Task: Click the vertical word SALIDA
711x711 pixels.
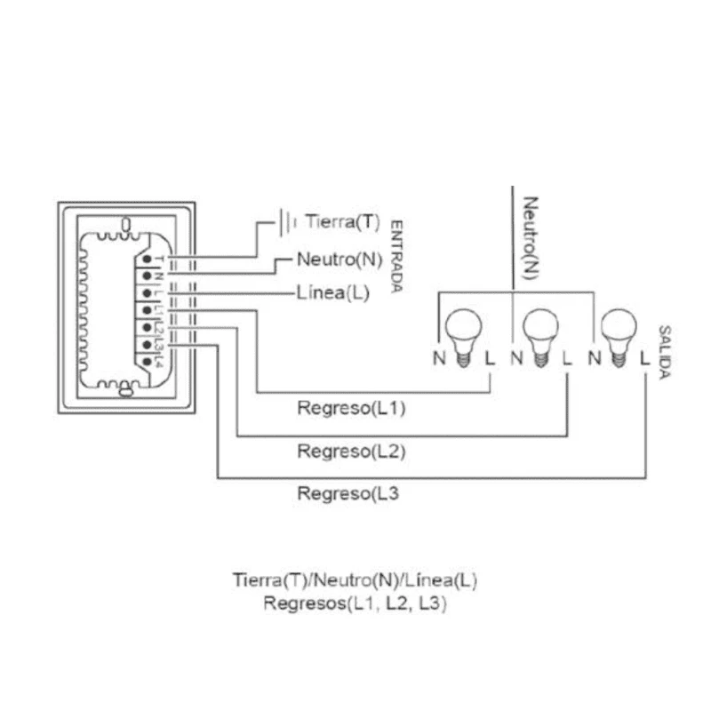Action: [x=664, y=351]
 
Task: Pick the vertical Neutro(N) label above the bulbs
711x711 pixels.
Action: [x=530, y=237]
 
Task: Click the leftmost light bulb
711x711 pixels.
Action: [x=462, y=334]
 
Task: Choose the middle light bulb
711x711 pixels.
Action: [x=539, y=334]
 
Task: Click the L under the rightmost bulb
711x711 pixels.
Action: [x=645, y=359]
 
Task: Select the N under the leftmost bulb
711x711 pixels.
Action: [x=439, y=359]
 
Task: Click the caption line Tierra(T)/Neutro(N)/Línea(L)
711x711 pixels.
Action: [x=355, y=581]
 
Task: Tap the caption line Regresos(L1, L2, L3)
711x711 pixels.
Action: [x=355, y=604]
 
